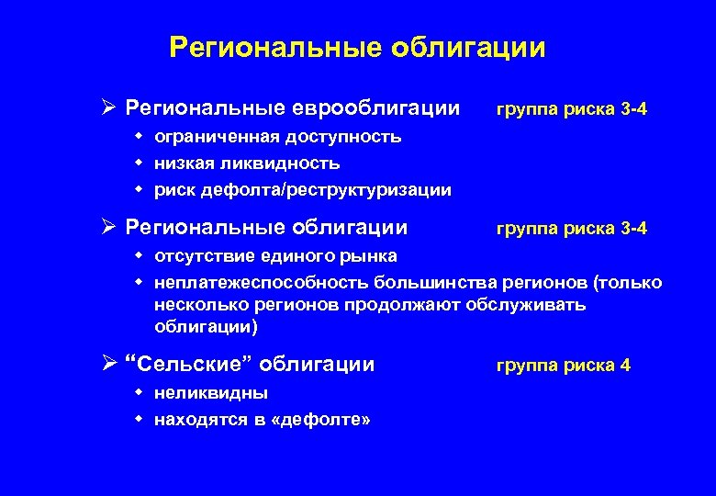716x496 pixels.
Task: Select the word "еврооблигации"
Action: (x=377, y=109)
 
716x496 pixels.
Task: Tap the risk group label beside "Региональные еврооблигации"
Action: (x=571, y=110)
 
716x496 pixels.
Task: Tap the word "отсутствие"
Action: (x=198, y=255)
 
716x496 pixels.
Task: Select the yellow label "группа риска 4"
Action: (x=563, y=366)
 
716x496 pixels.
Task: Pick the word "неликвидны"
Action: (x=211, y=393)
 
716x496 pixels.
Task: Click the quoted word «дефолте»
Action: (x=327, y=420)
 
